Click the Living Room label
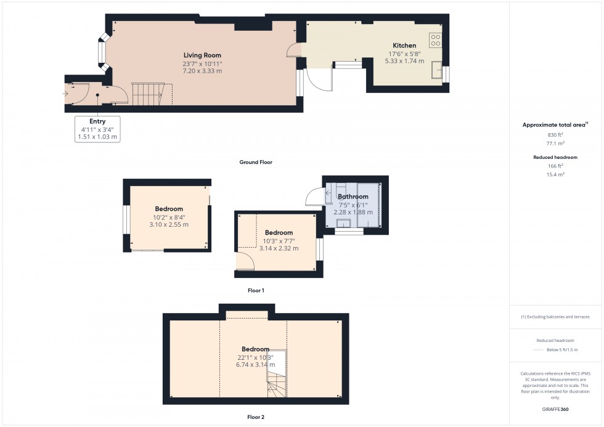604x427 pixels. [x=202, y=55]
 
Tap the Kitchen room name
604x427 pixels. [x=404, y=45]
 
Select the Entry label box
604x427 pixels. [x=97, y=129]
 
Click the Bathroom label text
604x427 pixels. [x=353, y=197]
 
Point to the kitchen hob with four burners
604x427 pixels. [x=436, y=39]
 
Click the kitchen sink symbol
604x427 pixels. [x=439, y=70]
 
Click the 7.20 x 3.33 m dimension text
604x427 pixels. [x=202, y=71]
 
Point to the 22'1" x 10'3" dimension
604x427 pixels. [x=255, y=357]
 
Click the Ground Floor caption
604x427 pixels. [x=256, y=163]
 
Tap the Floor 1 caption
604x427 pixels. [x=255, y=290]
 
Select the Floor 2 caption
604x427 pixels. [x=255, y=417]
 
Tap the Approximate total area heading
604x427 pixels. [x=553, y=125]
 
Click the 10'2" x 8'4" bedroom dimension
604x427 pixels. [x=169, y=217]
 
